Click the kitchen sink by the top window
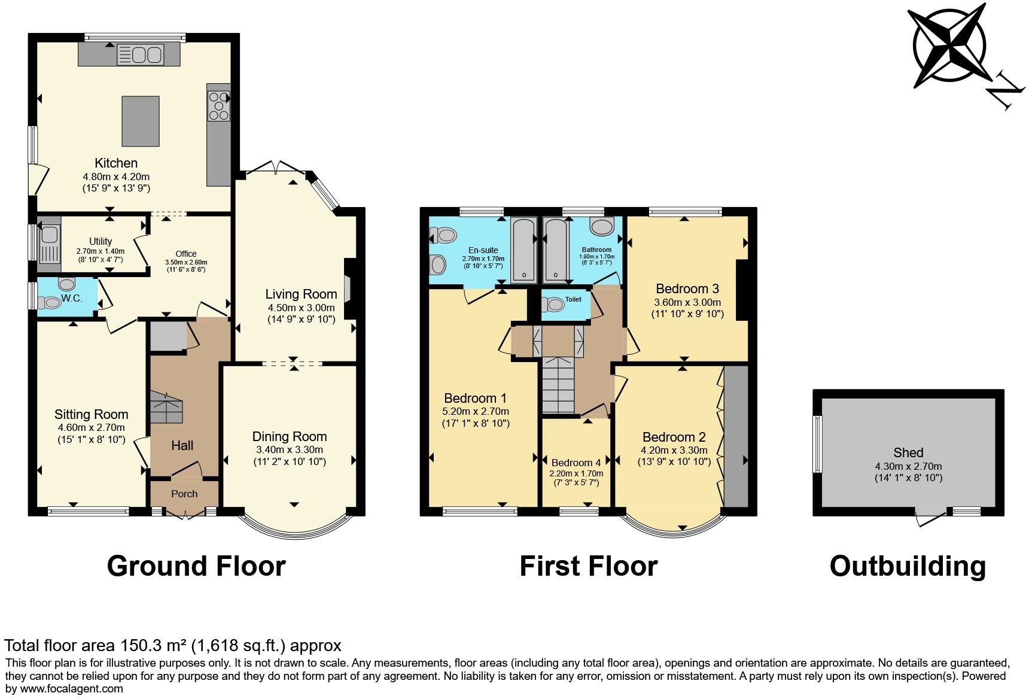click(140, 55)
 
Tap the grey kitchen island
click(141, 121)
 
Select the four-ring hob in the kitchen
click(219, 105)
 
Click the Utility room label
click(101, 241)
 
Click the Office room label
click(186, 254)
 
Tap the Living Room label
click(301, 294)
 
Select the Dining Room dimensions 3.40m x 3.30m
click(289, 449)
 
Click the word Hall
click(182, 445)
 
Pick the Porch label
click(184, 494)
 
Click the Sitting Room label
click(91, 414)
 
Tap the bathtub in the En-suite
click(524, 250)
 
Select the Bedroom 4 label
click(576, 463)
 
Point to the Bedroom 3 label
click(687, 288)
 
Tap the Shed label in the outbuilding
click(908, 453)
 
